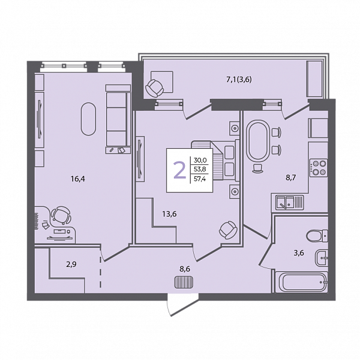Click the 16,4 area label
(78, 179)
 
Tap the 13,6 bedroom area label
(169, 214)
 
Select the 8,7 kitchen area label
(290, 178)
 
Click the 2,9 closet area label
(71, 265)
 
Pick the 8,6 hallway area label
(185, 269)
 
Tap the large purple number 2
(179, 170)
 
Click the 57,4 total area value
(200, 179)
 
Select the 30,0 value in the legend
(200, 160)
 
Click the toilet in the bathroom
(317, 235)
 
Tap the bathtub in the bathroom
(301, 282)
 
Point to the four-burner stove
(319, 167)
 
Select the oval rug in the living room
(88, 119)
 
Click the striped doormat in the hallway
(184, 282)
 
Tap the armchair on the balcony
(155, 88)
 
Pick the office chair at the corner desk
(61, 215)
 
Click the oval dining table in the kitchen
(258, 140)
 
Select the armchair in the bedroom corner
(228, 230)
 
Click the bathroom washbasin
(322, 258)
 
